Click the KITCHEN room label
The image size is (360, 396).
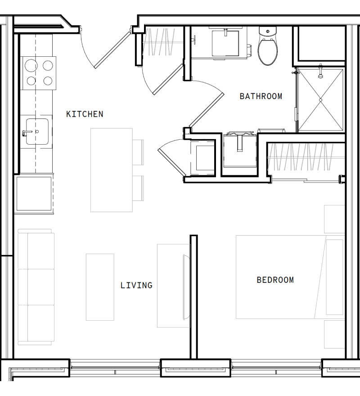(x=85, y=114)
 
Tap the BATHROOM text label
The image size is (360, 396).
(x=261, y=96)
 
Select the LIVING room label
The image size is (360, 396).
(x=136, y=285)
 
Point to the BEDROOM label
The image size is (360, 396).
(x=275, y=280)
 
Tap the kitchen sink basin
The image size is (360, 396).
(x=37, y=132)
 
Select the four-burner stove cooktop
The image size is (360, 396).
(x=39, y=73)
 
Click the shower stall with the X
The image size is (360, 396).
(x=321, y=100)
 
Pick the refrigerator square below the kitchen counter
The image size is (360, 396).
(x=34, y=194)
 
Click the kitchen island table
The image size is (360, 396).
(x=112, y=170)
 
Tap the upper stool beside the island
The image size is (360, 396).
(x=138, y=152)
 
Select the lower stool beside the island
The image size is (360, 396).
(x=138, y=188)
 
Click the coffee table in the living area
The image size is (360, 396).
(x=100, y=287)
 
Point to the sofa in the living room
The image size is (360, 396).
(x=36, y=287)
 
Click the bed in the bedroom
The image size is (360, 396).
(x=290, y=277)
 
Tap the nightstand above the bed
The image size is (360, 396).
(x=334, y=219)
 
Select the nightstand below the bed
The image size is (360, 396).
(x=334, y=335)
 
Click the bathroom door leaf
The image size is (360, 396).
(x=207, y=110)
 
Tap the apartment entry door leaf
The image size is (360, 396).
(x=112, y=50)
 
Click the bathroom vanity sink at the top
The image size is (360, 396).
(x=225, y=43)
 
